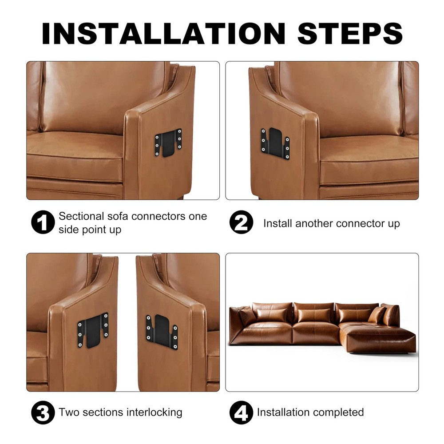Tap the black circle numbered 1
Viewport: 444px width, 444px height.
[43, 223]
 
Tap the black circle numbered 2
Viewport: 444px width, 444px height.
[241, 223]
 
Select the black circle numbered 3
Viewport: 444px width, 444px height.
[43, 412]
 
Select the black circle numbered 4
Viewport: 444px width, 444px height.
[241, 412]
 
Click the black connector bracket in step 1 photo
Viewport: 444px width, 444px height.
[168, 143]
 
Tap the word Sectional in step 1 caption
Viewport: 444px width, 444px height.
[82, 216]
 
